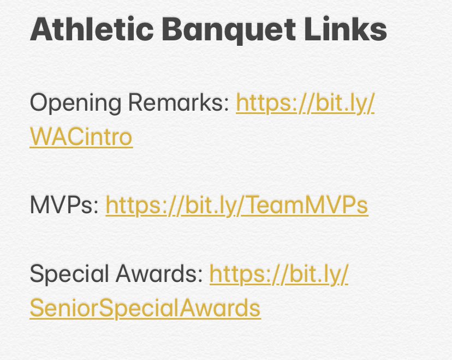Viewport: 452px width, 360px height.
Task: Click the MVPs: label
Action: coord(64,205)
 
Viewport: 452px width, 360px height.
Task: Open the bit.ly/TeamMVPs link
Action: coord(236,205)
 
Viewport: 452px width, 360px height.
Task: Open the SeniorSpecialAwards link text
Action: coord(145,308)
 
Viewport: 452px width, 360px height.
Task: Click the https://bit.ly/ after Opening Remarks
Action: coord(305,103)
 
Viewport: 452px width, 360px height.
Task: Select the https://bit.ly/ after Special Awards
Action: coord(279,274)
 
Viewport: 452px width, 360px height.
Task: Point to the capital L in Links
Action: coord(320,31)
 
